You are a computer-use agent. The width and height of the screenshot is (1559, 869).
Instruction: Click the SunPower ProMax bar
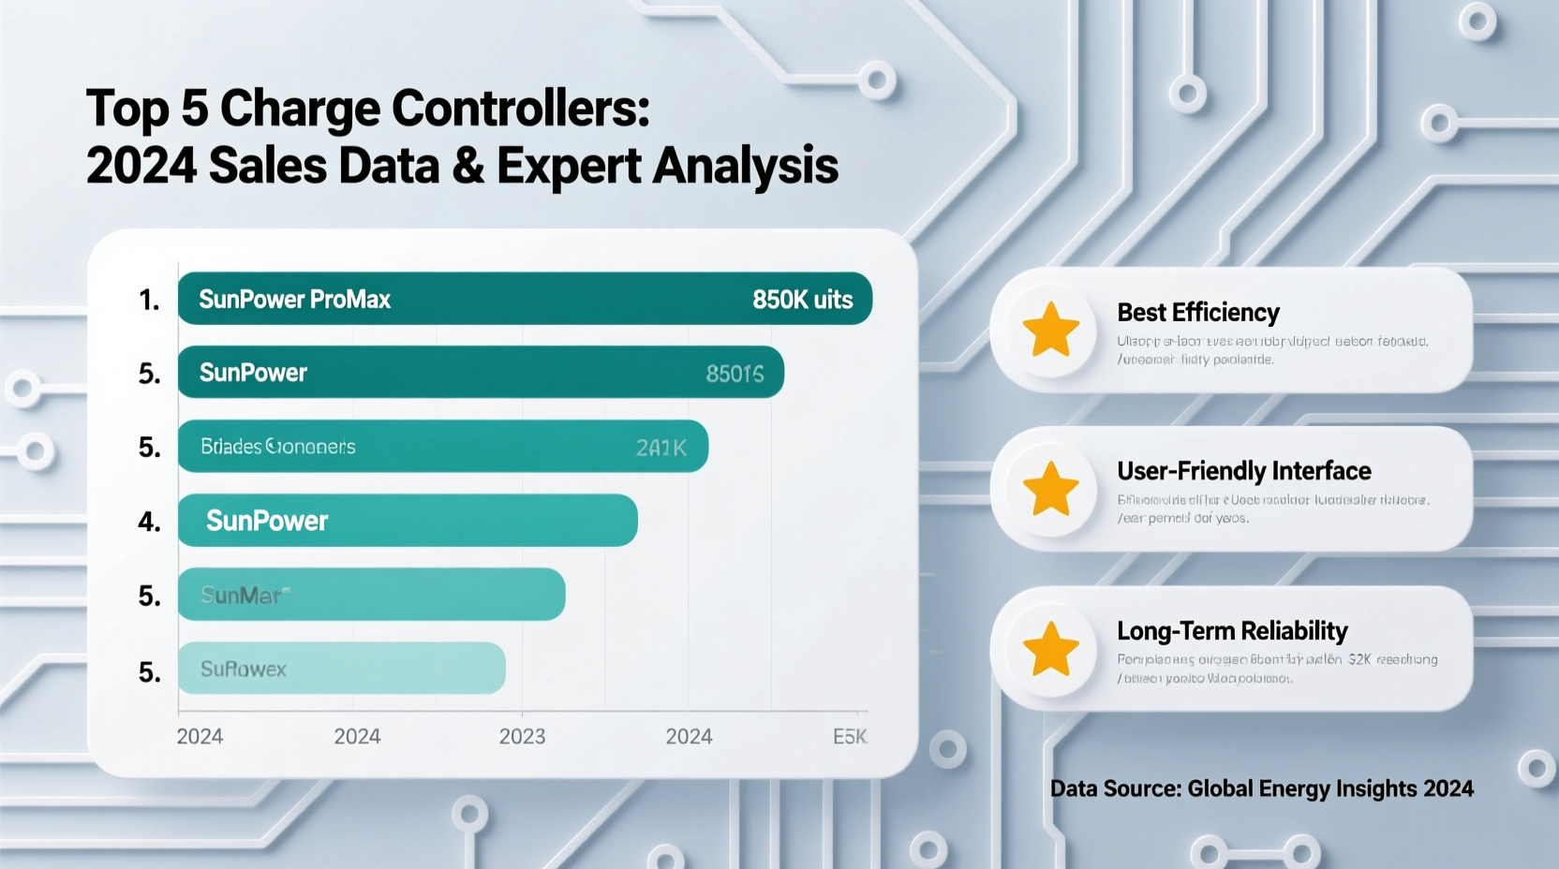pos(525,299)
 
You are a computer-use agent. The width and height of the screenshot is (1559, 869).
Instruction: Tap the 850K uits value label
pos(802,300)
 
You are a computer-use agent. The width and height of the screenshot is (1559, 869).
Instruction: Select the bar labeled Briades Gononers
pos(442,447)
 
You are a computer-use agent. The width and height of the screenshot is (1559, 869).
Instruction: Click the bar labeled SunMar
pos(371,595)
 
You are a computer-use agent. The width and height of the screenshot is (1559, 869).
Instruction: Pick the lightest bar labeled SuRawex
pos(341,669)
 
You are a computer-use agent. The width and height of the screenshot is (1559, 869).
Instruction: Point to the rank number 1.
pos(149,300)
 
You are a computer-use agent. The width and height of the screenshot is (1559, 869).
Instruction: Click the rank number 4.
pos(149,522)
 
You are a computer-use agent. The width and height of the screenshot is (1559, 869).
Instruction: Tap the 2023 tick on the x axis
pos(522,737)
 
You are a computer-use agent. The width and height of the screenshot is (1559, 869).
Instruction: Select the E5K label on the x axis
pos(850,737)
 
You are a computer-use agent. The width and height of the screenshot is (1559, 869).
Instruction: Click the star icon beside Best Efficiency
pos(1050,330)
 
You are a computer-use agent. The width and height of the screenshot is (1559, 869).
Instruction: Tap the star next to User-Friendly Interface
pos(1050,489)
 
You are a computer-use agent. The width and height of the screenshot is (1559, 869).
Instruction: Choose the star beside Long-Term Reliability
pos(1050,649)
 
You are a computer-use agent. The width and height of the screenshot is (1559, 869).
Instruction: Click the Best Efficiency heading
pos(1197,312)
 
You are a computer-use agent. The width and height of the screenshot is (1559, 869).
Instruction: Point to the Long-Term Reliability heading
pos(1232,631)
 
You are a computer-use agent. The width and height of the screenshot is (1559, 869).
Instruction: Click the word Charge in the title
pos(301,110)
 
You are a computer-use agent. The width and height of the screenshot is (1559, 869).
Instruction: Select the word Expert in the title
pos(569,167)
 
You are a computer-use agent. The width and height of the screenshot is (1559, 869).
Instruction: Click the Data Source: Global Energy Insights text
pos(1261,788)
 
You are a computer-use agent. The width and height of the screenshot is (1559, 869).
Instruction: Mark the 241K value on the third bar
pos(661,449)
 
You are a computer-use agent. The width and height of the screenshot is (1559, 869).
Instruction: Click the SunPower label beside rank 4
pos(267,521)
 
